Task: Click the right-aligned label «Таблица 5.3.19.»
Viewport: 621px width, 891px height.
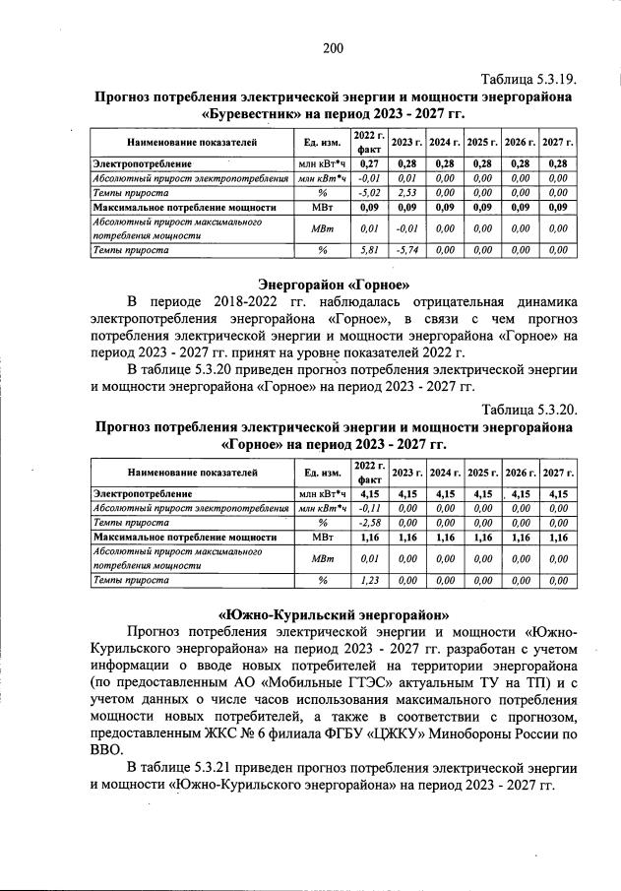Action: point(528,79)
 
